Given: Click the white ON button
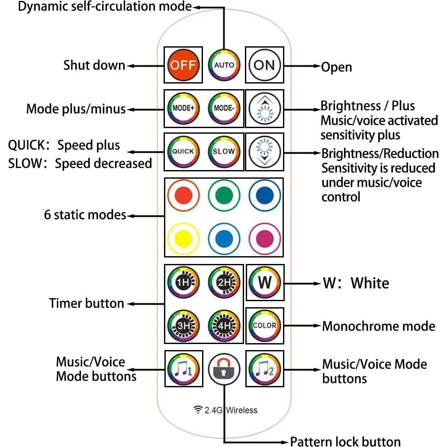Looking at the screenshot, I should pyautogui.click(x=264, y=65).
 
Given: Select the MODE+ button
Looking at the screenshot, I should pyautogui.click(x=183, y=108).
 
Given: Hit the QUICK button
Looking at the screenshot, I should pyautogui.click(x=183, y=152).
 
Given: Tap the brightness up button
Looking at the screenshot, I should pyautogui.click(x=264, y=108).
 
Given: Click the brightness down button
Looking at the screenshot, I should pyautogui.click(x=264, y=152).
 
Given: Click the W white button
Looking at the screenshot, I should pyautogui.click(x=264, y=283).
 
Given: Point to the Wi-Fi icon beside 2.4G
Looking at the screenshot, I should pyautogui.click(x=198, y=409).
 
